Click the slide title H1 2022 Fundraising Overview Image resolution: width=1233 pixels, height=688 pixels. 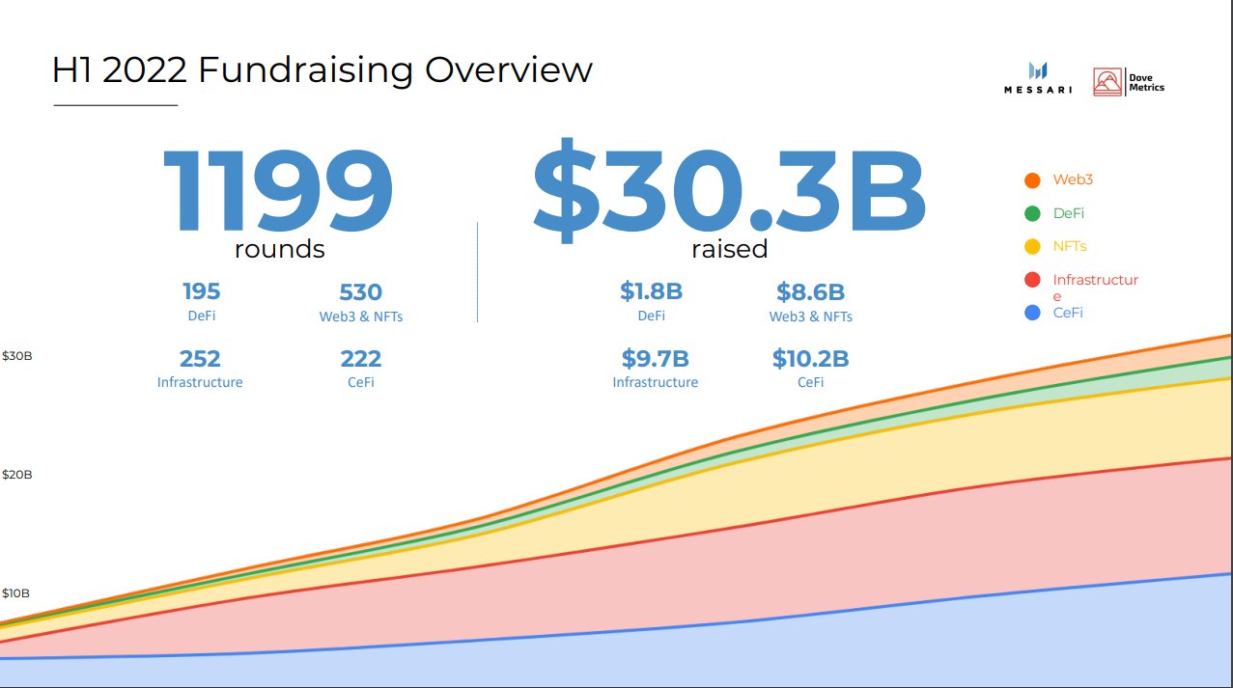click(322, 69)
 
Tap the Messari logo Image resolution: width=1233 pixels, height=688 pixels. click(1038, 78)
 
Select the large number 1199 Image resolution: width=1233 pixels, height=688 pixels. click(278, 192)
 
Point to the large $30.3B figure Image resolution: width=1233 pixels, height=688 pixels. click(729, 192)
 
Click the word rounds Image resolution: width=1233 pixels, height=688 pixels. click(279, 249)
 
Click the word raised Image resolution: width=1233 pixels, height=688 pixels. click(729, 249)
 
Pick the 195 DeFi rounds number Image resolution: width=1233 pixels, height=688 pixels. click(201, 291)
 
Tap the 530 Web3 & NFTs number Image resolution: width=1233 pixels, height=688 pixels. click(360, 292)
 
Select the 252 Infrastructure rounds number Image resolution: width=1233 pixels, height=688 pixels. click(200, 359)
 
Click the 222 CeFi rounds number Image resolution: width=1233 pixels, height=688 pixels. click(360, 359)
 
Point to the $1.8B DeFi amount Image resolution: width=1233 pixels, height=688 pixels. click(652, 291)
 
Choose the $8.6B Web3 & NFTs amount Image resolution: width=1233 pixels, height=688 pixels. click(810, 292)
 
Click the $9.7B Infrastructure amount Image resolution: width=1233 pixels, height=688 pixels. click(655, 359)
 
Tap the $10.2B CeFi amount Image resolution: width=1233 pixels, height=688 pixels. click(810, 359)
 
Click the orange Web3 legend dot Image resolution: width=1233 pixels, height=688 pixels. click(1032, 180)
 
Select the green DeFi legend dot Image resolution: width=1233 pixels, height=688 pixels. click(1032, 213)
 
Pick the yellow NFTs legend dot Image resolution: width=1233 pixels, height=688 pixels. click(1032, 247)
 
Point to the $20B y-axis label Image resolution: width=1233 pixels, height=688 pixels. click(16, 475)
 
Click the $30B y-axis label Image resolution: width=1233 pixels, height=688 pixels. click(16, 356)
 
